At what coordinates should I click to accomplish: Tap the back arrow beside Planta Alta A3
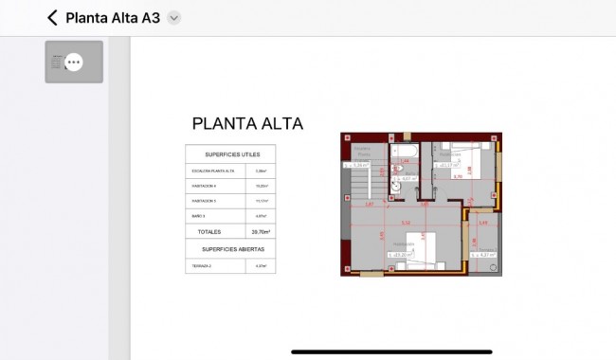52,18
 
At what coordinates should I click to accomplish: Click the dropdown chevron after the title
173,18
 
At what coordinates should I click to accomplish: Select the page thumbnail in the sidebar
74,63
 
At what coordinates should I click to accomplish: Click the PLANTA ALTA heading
247,124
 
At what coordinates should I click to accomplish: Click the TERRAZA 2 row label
202,266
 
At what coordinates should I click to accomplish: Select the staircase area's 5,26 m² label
358,164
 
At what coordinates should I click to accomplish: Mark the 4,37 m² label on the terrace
483,254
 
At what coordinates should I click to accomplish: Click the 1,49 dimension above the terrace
482,224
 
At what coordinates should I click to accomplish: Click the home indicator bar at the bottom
391,352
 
